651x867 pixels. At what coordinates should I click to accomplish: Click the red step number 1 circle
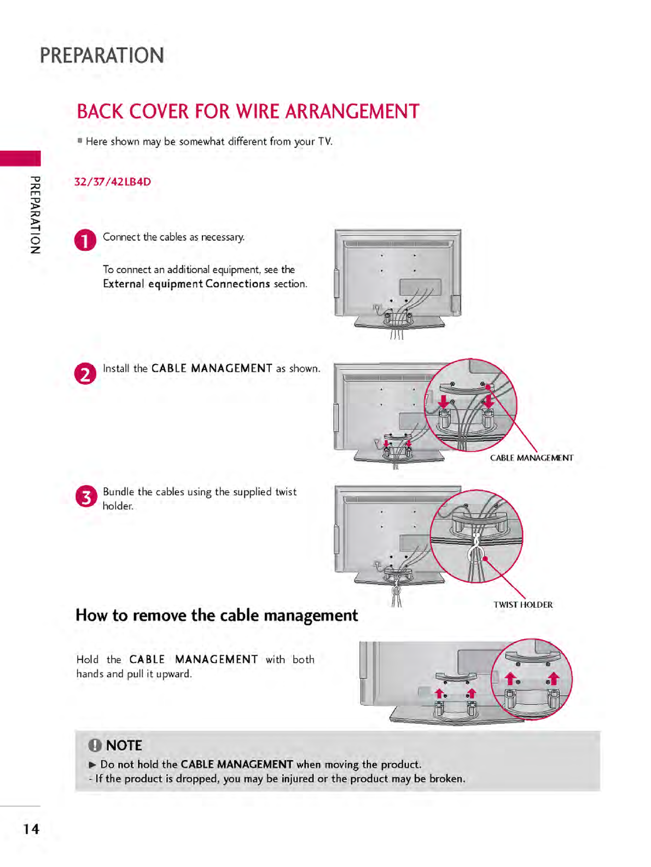pos(85,240)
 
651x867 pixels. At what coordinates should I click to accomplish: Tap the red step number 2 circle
pos(85,374)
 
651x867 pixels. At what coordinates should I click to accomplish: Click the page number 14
pos(31,829)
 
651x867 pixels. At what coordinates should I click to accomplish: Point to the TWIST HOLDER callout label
pos(523,605)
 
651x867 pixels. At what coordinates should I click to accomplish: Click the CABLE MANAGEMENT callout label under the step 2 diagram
pos(532,458)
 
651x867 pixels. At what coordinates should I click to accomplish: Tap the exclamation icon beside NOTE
pos(95,745)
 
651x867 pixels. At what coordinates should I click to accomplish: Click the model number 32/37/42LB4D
pos(113,182)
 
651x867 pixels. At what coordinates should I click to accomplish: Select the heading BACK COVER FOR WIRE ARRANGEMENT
pos(248,112)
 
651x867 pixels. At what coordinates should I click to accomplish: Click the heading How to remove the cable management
pos(217,616)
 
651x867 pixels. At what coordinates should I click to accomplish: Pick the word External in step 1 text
pos(124,284)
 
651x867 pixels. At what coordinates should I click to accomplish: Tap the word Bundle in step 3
pos(118,492)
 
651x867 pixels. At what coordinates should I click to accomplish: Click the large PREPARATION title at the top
pos(102,56)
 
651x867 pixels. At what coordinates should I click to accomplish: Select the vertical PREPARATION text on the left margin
pos(35,215)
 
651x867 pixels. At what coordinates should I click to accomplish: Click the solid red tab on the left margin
pos(20,159)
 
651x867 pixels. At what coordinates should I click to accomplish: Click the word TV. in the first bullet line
pos(325,142)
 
